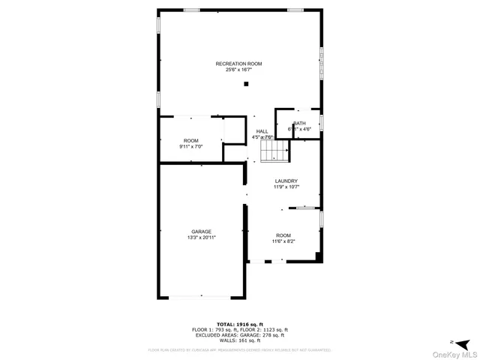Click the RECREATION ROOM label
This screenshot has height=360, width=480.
[239, 64]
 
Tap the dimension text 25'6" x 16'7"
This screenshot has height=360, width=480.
[239, 70]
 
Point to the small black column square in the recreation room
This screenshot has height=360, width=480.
[245, 84]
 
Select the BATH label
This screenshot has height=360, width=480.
[299, 124]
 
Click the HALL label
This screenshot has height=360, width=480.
[262, 131]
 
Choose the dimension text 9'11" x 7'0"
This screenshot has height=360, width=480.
[191, 147]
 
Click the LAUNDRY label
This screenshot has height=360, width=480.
[286, 181]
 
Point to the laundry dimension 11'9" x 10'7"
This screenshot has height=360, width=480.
[286, 187]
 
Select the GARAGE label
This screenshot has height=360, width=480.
[201, 231]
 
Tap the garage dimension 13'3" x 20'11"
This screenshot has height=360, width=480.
[201, 238]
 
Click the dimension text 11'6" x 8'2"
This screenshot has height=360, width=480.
[283, 241]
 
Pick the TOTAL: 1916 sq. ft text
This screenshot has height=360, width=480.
[239, 324]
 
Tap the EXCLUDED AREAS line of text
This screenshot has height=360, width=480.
[239, 334]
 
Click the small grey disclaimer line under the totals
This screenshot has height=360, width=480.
[239, 349]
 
